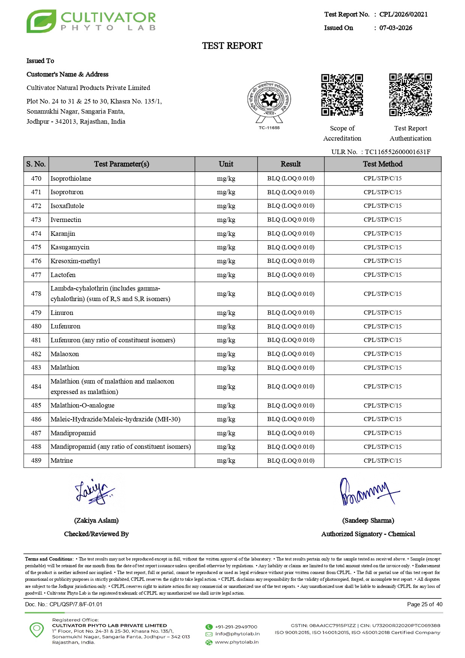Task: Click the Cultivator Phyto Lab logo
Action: (91, 21)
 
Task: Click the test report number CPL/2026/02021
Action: (403, 14)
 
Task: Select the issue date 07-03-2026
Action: (396, 28)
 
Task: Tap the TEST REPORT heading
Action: (232, 46)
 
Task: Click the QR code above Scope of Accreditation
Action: (342, 95)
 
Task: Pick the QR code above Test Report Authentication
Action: (410, 95)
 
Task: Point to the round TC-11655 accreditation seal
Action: (269, 100)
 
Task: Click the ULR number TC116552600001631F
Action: (397, 152)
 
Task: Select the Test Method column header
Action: (382, 164)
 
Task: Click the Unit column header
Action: (226, 164)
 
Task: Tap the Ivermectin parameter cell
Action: (66, 220)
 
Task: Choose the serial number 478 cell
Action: (36, 294)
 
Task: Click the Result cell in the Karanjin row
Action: (291, 234)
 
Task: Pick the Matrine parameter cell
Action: (62, 460)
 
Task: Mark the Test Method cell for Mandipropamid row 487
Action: (382, 433)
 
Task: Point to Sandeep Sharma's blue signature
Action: (368, 492)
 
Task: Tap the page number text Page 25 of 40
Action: (424, 604)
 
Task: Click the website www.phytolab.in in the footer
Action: (237, 642)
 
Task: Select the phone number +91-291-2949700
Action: (236, 627)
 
